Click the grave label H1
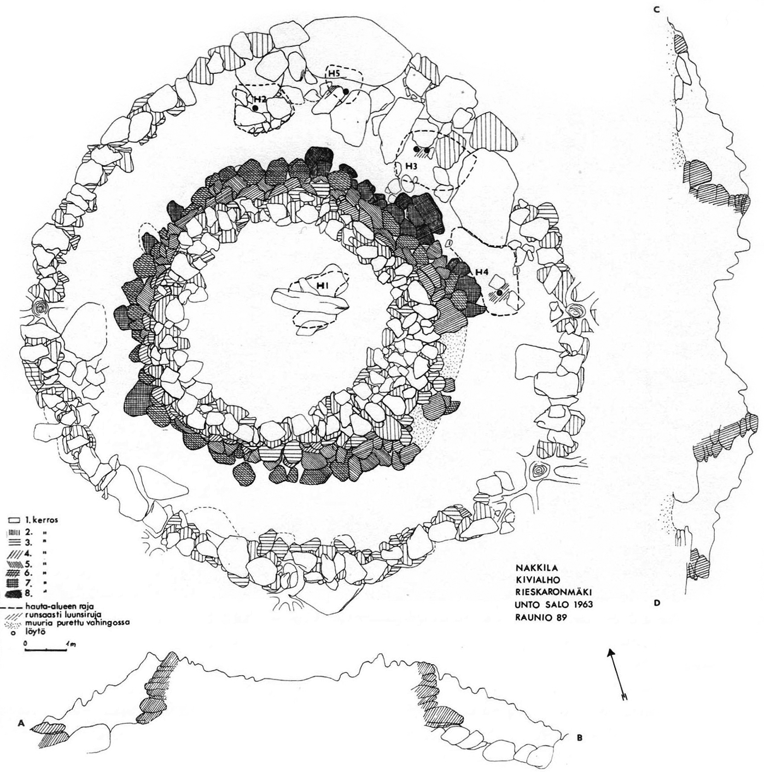[323, 286]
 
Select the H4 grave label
[482, 273]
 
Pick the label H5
[335, 73]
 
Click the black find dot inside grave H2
[255, 108]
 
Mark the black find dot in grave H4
[499, 293]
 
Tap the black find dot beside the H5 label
[346, 91]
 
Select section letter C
[656, 10]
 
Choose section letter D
[656, 614]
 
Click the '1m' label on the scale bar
[72, 644]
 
